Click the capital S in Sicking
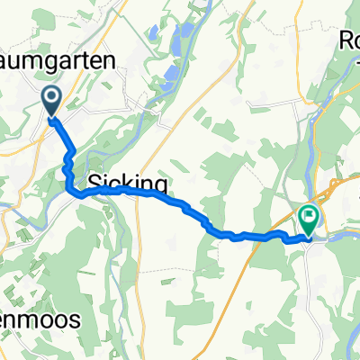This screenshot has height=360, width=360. pos(94,184)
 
